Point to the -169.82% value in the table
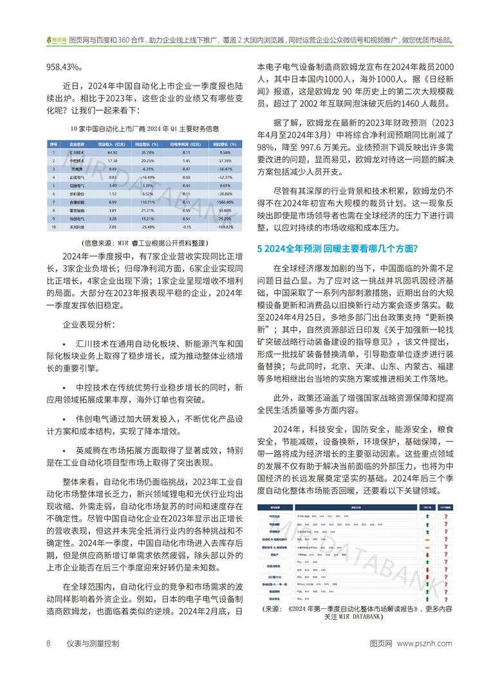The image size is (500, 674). [223, 227]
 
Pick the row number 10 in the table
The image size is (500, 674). [55, 227]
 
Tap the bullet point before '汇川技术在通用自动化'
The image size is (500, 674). [65, 347]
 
